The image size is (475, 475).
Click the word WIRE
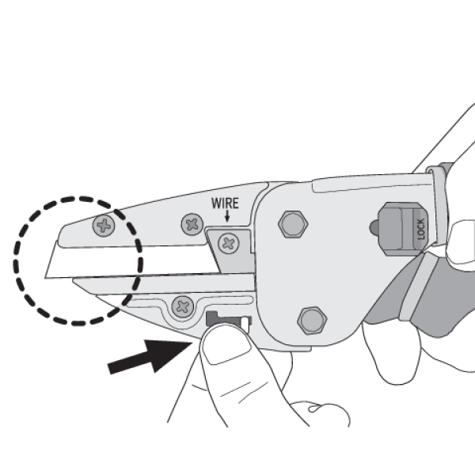[225, 203]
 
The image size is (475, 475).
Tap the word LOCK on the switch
[421, 230]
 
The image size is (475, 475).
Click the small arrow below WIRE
[227, 216]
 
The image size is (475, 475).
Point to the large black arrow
[150, 356]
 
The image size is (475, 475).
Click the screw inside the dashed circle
[104, 226]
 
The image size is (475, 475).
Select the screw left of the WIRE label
[192, 225]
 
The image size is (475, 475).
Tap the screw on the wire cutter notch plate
[229, 243]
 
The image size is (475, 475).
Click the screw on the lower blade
[183, 306]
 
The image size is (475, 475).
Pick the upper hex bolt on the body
[293, 224]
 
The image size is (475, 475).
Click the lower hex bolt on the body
[312, 321]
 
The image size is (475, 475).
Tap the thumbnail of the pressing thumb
[226, 344]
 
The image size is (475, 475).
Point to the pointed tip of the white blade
[45, 277]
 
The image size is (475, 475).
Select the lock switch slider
[403, 229]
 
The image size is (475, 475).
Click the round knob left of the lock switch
[374, 228]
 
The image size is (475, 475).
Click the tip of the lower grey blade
[74, 281]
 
